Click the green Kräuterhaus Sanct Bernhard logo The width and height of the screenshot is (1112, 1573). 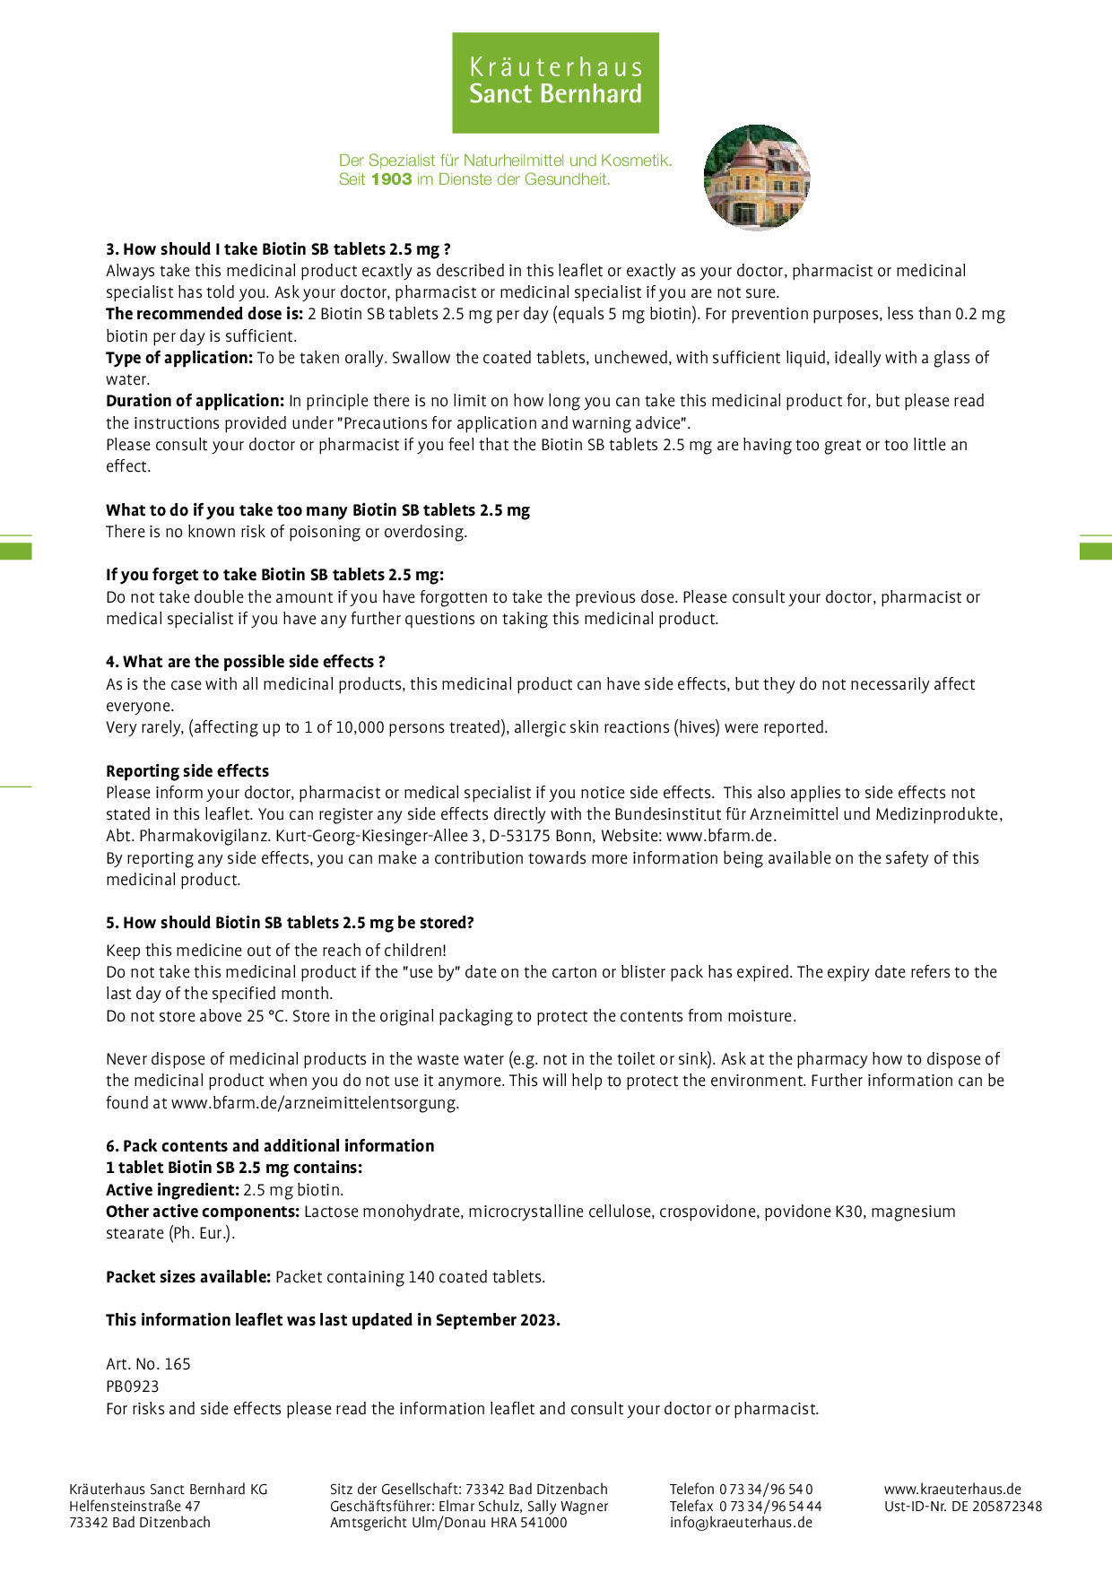pyautogui.click(x=555, y=83)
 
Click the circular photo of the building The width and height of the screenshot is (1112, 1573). pyautogui.click(x=757, y=178)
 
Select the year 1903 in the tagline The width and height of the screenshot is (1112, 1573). pyautogui.click(x=391, y=179)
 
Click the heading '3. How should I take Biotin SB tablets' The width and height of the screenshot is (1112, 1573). pyautogui.click(x=278, y=249)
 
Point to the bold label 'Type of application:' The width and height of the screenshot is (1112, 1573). pyautogui.click(x=179, y=358)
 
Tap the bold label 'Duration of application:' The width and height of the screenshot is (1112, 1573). pyautogui.click(x=195, y=401)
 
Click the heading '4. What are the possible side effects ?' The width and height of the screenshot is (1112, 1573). pyautogui.click(x=245, y=662)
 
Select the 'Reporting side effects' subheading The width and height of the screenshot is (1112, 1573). pyautogui.click(x=187, y=771)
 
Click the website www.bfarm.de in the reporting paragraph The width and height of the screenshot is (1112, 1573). pyautogui.click(x=720, y=836)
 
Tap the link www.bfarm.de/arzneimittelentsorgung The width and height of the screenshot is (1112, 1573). pyautogui.click(x=315, y=1103)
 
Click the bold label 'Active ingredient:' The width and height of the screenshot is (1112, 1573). pyautogui.click(x=172, y=1190)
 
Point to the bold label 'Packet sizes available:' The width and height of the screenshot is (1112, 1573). pyautogui.click(x=188, y=1277)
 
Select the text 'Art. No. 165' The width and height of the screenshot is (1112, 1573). pyautogui.click(x=148, y=1364)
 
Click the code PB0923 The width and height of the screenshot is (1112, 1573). pyautogui.click(x=133, y=1386)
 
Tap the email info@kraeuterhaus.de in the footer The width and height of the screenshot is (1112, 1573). pyautogui.click(x=741, y=1523)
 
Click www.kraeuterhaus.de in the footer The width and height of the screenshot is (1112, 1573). pyautogui.click(x=952, y=1490)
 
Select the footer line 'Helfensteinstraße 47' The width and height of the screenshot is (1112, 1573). pyautogui.click(x=135, y=1507)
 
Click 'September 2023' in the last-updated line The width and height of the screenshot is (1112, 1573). pyautogui.click(x=496, y=1320)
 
